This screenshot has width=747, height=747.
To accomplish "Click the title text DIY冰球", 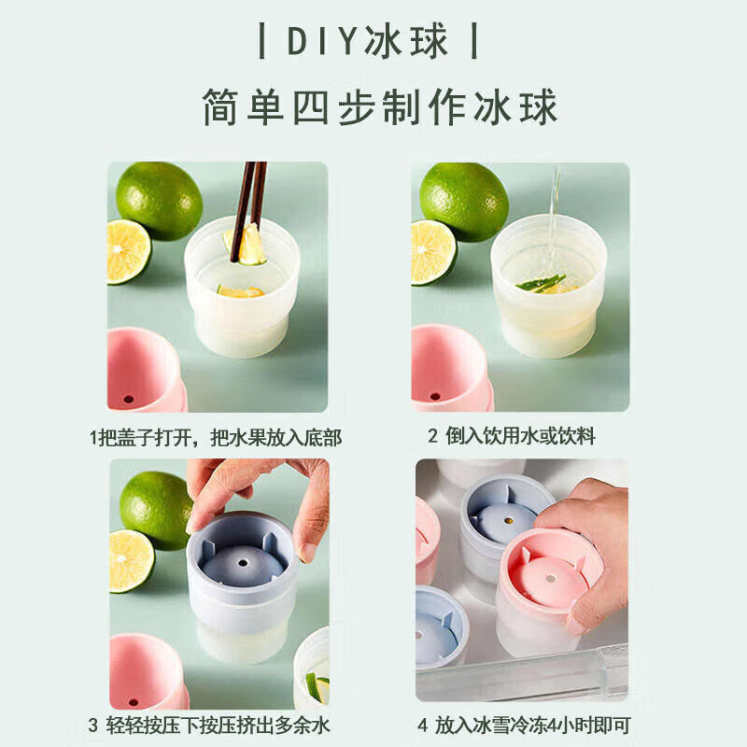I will pos(368,42).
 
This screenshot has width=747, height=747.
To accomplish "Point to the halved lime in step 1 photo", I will pos(127,251).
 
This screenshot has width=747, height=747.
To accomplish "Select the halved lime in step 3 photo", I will pos(130,560).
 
